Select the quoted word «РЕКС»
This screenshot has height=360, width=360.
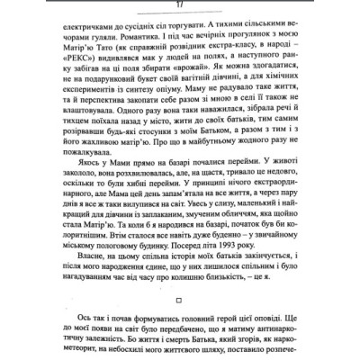[71, 66]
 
